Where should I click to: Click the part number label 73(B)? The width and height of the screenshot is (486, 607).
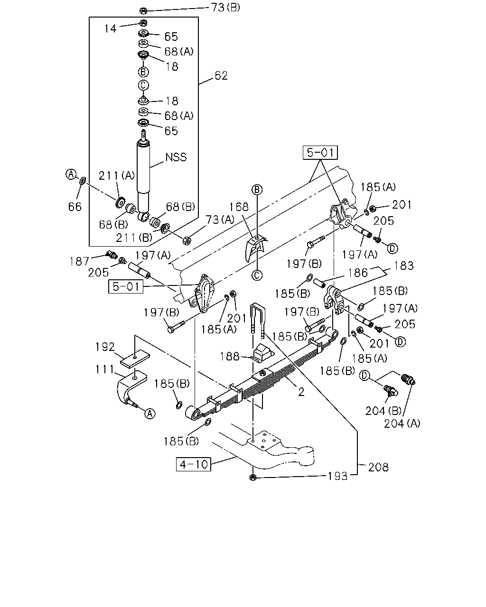(x=225, y=7)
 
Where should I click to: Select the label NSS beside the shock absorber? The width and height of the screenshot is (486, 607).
(x=176, y=157)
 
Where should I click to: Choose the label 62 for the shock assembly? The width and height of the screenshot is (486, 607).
(x=221, y=75)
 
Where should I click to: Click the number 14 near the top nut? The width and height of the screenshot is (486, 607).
(x=110, y=28)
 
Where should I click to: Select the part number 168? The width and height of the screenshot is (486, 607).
(x=239, y=207)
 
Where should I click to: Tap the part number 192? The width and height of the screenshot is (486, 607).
(x=105, y=347)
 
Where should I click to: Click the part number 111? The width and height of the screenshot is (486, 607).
(x=104, y=369)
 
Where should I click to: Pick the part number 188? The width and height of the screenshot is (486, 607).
(x=230, y=356)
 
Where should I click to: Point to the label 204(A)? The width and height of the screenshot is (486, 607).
(x=402, y=423)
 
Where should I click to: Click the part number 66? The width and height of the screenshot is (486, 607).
(x=75, y=207)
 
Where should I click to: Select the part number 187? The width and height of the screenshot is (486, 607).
(x=79, y=261)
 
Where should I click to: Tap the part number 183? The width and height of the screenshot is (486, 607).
(x=403, y=266)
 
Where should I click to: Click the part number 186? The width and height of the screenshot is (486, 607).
(x=358, y=273)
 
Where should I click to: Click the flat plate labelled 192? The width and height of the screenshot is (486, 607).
(x=135, y=359)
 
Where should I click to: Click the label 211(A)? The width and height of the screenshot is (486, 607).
(x=117, y=176)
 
